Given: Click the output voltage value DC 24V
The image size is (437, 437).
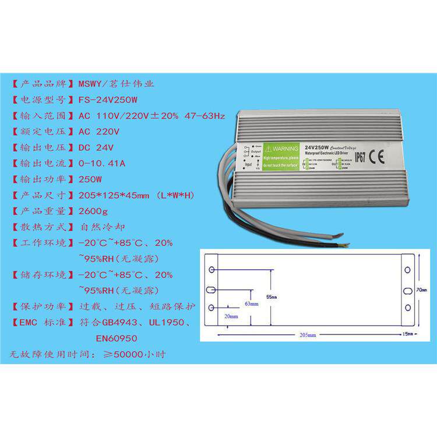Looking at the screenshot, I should click(97, 147).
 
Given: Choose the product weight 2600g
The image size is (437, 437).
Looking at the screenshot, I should click(93, 210).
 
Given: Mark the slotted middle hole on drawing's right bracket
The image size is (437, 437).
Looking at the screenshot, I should click(407, 290).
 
